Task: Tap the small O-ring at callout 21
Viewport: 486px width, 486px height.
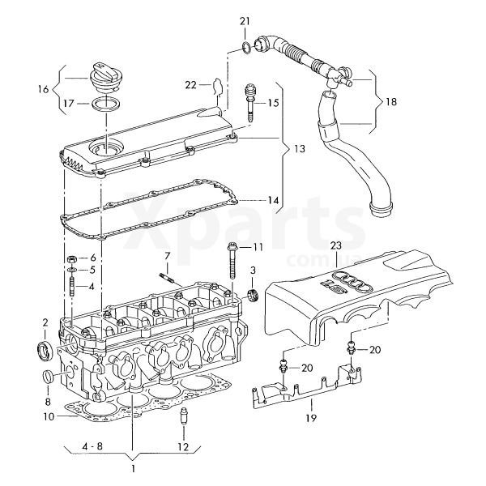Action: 247,48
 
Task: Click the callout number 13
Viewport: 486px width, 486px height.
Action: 300,149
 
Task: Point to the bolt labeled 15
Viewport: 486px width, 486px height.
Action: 250,102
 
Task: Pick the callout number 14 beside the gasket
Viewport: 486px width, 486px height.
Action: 273,201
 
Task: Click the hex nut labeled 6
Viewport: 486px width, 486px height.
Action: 71,258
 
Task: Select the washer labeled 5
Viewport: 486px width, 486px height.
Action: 72,271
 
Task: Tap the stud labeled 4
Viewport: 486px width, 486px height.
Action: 72,287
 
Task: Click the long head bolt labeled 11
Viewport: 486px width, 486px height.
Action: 232,262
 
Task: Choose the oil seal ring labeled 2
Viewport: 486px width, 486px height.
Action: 44,350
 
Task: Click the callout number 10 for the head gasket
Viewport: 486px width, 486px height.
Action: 49,416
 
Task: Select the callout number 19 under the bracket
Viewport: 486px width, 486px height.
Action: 311,418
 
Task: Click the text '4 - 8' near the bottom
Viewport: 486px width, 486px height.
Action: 92,446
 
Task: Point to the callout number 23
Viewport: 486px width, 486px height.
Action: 336,245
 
